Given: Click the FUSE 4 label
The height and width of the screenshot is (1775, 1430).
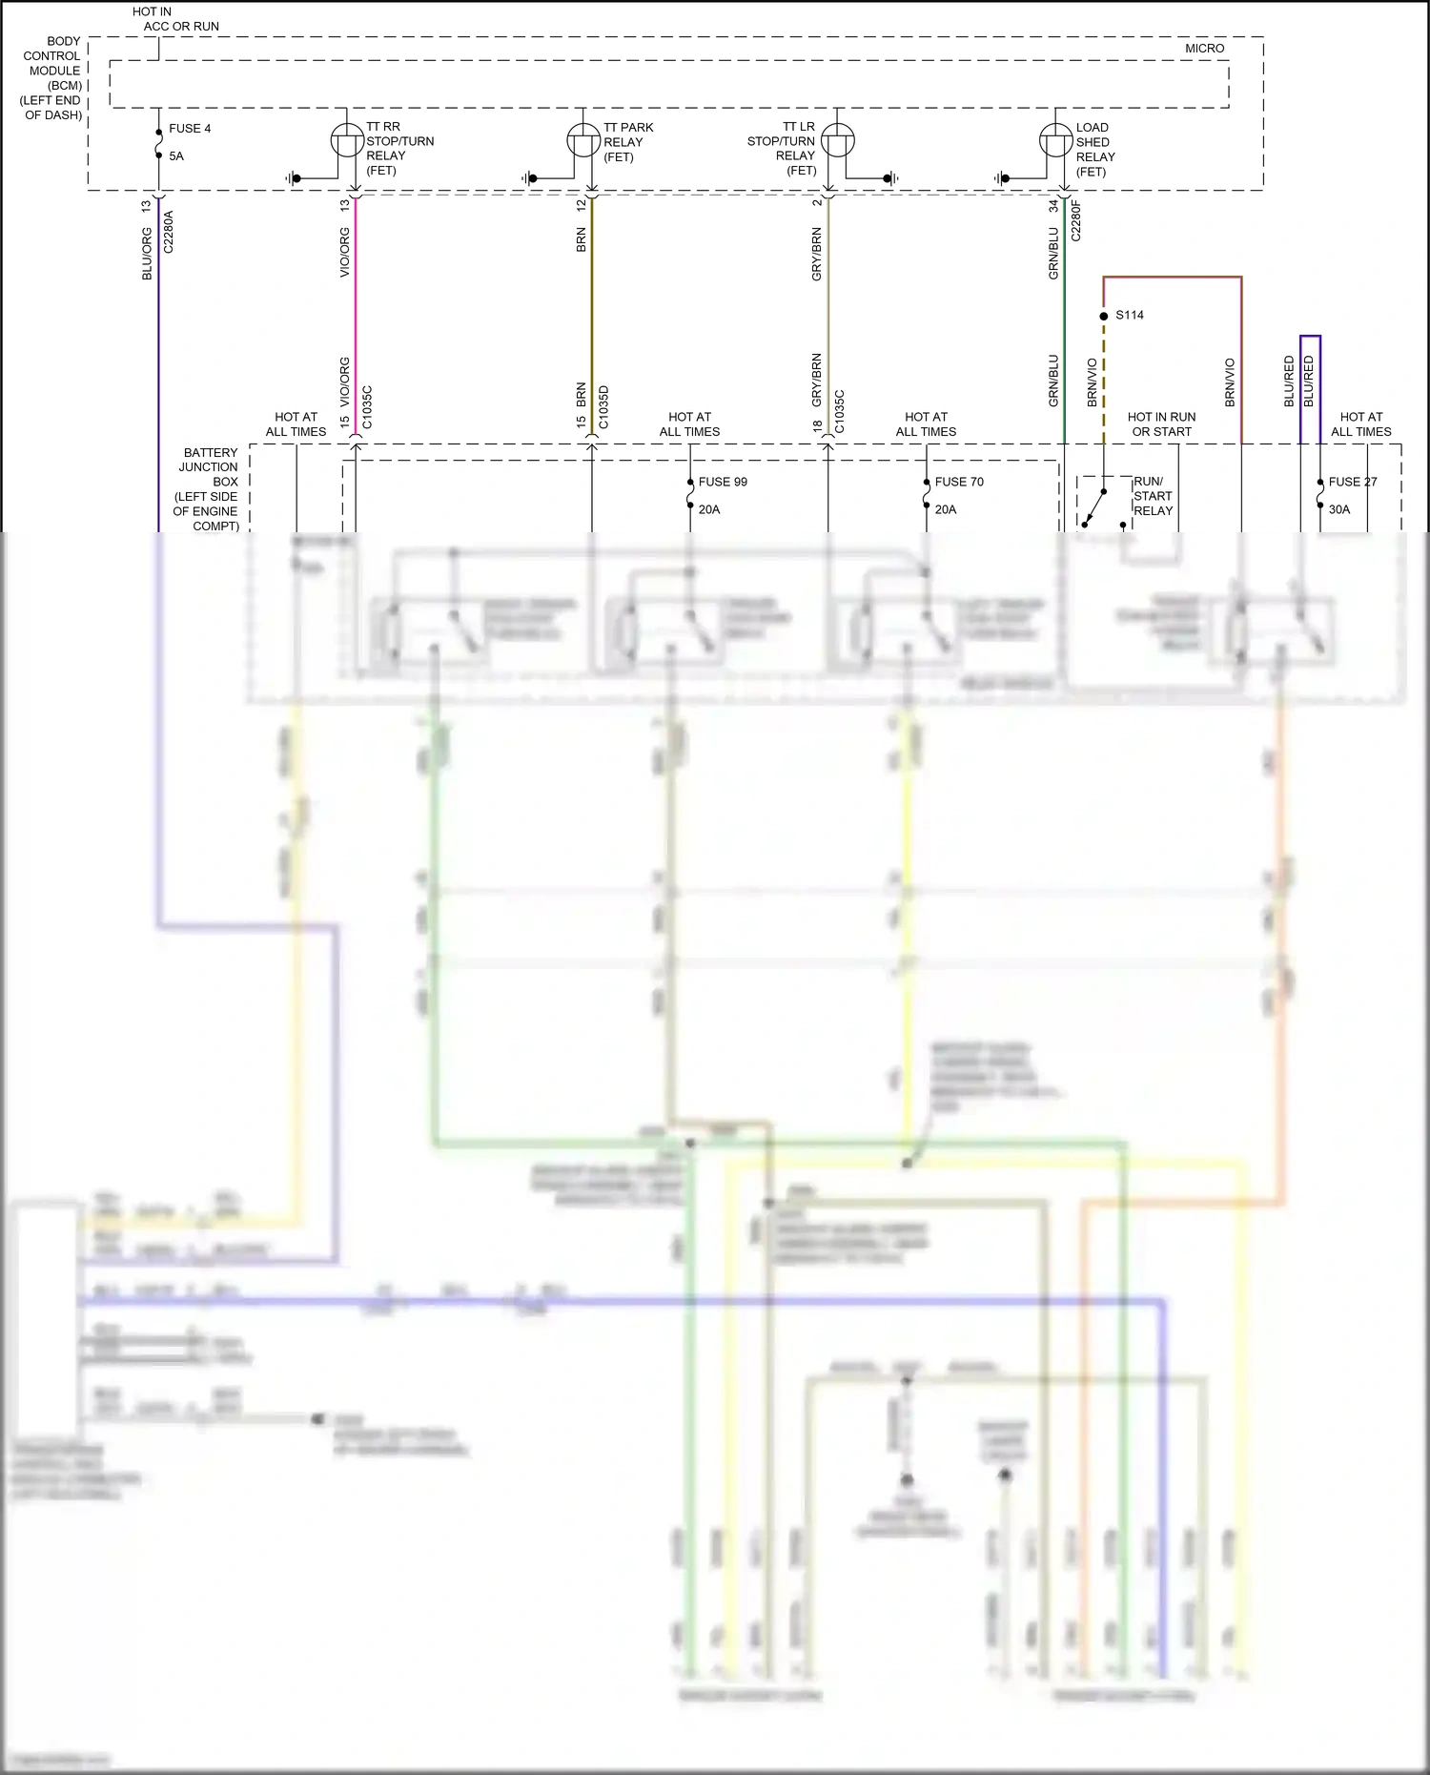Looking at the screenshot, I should tap(190, 129).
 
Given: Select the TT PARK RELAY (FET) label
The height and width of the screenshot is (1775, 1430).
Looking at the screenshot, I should tap(627, 142).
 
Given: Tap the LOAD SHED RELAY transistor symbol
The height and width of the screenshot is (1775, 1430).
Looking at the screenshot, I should tap(1055, 141).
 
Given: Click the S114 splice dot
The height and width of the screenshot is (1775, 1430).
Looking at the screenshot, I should tap(1104, 316).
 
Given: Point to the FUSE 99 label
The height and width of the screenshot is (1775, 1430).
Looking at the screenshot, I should tap(723, 482).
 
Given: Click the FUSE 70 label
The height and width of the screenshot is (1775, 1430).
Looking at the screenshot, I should tap(958, 482).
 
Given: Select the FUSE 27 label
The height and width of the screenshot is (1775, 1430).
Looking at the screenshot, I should tap(1352, 482).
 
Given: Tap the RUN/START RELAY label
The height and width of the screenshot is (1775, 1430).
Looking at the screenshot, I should tap(1153, 496).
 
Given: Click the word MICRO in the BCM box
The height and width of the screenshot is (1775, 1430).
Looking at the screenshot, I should tap(1204, 49).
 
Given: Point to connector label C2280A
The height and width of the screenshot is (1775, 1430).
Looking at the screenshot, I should tap(169, 232).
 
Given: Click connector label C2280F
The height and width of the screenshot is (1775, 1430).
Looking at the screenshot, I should tap(1076, 220).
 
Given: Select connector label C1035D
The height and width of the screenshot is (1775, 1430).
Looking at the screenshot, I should tap(603, 407).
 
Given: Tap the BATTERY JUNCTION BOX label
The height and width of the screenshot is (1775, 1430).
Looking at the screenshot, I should tap(207, 489).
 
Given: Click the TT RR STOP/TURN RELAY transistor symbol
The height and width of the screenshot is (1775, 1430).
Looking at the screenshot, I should tap(347, 141).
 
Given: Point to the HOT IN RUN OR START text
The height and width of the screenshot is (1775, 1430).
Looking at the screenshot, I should tap(1161, 424).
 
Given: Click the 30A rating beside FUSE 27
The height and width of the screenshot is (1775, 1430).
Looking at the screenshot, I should tap(1338, 509).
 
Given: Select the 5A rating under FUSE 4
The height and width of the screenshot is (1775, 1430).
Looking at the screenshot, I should tap(176, 156).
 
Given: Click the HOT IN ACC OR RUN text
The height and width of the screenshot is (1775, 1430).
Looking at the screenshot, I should tap(176, 19).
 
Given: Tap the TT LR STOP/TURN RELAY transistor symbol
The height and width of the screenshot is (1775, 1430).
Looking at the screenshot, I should tap(837, 141).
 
